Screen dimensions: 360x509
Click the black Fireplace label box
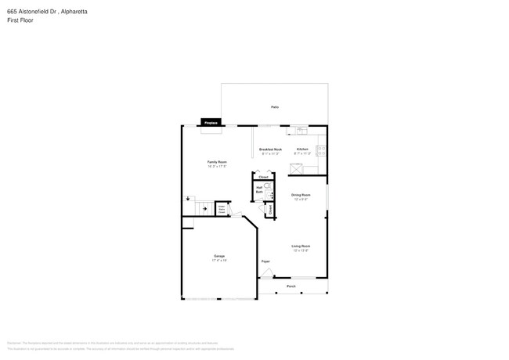210,123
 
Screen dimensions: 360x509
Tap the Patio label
275,107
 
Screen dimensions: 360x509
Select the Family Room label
217,162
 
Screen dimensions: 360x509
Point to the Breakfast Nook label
271,149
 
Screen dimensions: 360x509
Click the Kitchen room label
302,149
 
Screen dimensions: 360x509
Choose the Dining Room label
301,195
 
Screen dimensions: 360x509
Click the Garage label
219,256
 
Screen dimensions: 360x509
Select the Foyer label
265,261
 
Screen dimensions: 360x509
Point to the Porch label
291,286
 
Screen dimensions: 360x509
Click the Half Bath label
258,189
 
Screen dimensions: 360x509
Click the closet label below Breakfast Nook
263,178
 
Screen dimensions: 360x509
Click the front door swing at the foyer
268,273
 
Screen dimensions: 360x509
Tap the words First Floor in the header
20,20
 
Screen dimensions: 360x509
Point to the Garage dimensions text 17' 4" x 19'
219,261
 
